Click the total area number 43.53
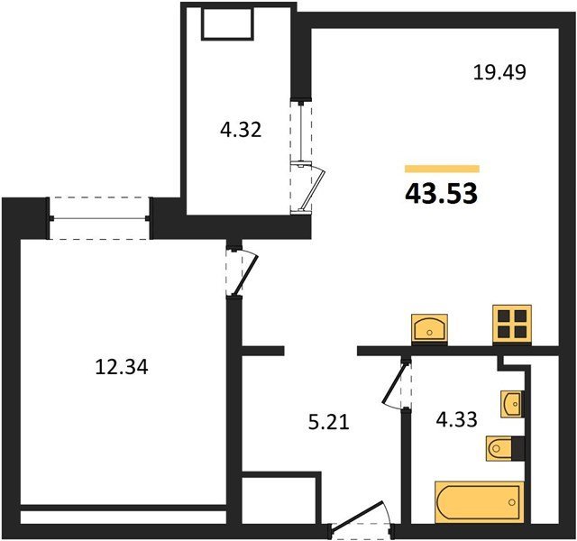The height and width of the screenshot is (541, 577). tap(441, 194)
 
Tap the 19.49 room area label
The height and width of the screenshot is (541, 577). tap(499, 72)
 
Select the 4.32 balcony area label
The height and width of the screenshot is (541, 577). tap(241, 130)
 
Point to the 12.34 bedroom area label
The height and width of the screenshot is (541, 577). tap(122, 367)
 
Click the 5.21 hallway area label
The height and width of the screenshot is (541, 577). tap(328, 422)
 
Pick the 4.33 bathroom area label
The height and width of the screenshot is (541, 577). tap(456, 419)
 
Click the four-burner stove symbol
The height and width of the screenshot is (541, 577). tap(512, 325)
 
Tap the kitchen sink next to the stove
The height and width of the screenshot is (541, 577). tap(429, 329)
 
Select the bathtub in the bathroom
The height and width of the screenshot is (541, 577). tap(479, 502)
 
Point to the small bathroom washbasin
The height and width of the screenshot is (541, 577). tap(512, 404)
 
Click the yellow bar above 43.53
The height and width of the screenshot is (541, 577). tap(442, 169)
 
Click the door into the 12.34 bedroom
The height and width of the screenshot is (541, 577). tap(244, 272)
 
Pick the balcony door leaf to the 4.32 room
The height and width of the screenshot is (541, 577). tap(312, 188)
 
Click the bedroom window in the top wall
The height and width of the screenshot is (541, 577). tap(99, 218)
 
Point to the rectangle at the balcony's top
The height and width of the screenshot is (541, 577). tap(228, 23)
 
